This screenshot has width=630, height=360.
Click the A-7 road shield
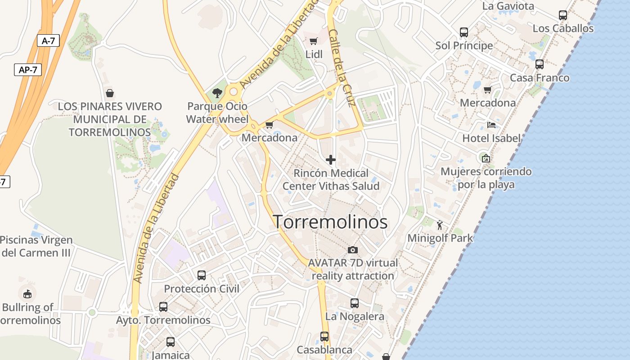pos(48,41)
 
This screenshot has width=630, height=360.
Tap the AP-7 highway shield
pos(27,70)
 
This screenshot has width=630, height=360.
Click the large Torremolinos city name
pos(330,222)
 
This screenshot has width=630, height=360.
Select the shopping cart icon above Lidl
pos(314,41)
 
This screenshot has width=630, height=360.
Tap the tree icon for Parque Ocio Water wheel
pos(217,93)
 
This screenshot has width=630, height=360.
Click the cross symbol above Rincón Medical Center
pos(331,160)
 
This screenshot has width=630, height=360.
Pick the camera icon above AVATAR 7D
pos(353,250)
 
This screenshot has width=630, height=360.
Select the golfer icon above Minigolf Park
pos(440,225)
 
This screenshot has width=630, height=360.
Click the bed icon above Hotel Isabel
pos(491,125)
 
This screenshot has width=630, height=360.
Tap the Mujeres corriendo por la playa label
pos(486,178)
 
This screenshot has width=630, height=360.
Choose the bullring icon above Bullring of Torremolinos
pos(27,294)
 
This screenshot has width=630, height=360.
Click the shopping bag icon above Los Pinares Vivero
pos(109,93)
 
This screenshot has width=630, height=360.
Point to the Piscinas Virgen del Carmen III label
pos(36,246)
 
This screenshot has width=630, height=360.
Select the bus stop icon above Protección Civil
pos(202,275)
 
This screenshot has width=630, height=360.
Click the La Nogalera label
pos(355,316)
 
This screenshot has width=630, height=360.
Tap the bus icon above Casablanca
pos(324,336)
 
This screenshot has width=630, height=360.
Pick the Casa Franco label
pos(540,78)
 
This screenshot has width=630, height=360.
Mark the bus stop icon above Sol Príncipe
pos(464,32)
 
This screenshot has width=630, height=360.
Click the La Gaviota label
pos(508,6)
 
